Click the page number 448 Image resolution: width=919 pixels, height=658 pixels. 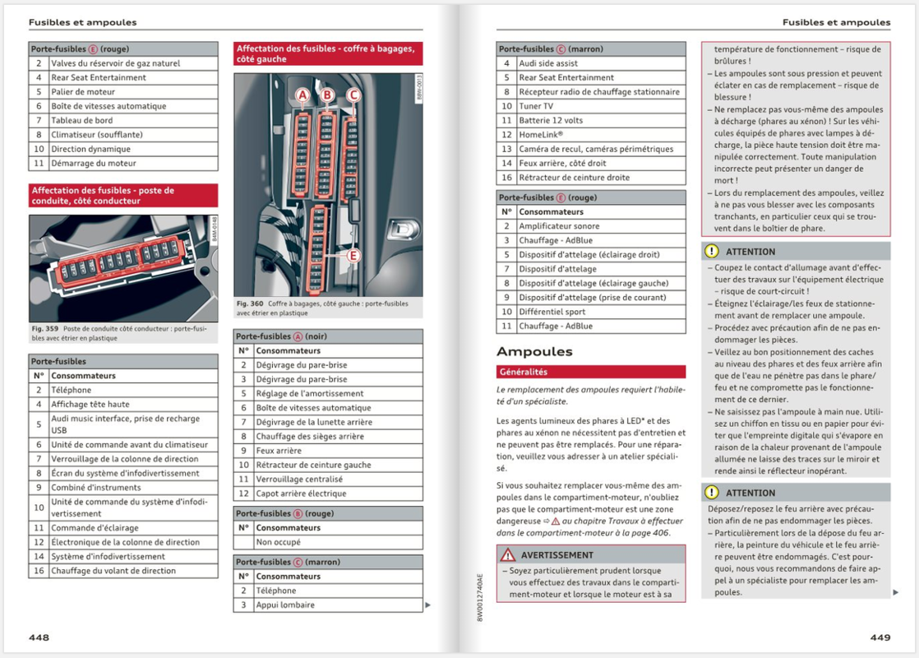click(39, 637)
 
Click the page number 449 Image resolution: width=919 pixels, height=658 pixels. click(880, 637)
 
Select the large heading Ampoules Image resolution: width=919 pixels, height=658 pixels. click(534, 352)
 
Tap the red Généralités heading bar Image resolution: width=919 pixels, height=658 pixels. click(590, 372)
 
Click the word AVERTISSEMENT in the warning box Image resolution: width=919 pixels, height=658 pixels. click(556, 555)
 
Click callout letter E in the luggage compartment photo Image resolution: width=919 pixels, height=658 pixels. click(353, 257)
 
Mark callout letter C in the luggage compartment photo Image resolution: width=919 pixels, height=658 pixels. click(353, 95)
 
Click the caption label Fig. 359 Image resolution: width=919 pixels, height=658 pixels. click(42, 329)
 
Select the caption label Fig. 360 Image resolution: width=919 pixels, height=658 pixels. click(249, 304)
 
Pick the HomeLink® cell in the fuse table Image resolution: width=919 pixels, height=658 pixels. click(540, 135)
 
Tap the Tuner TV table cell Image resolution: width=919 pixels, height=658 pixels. click(536, 106)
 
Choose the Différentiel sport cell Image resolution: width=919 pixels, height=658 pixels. click(552, 312)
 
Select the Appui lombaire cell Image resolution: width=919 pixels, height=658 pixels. click(285, 605)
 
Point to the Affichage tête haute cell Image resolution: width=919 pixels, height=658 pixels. click(90, 405)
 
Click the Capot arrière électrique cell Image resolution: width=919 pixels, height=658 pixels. click(301, 493)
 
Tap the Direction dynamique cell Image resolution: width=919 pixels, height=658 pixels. click(90, 149)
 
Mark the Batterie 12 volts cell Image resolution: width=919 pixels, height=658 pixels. click(551, 120)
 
